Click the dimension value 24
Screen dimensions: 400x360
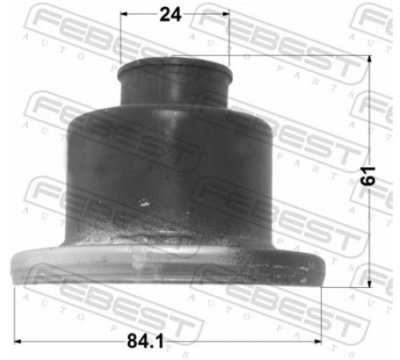170,14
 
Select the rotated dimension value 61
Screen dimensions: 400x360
367,176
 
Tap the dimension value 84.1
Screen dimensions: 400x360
146,341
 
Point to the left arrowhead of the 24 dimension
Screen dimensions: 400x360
123,14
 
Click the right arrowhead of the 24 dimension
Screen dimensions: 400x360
226,14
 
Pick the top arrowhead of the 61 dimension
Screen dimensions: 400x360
370,58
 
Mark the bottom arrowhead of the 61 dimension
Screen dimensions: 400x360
370,284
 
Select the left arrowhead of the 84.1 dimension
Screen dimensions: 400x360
18,342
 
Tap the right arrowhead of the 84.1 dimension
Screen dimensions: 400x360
318,342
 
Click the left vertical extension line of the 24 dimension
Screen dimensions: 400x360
121,38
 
